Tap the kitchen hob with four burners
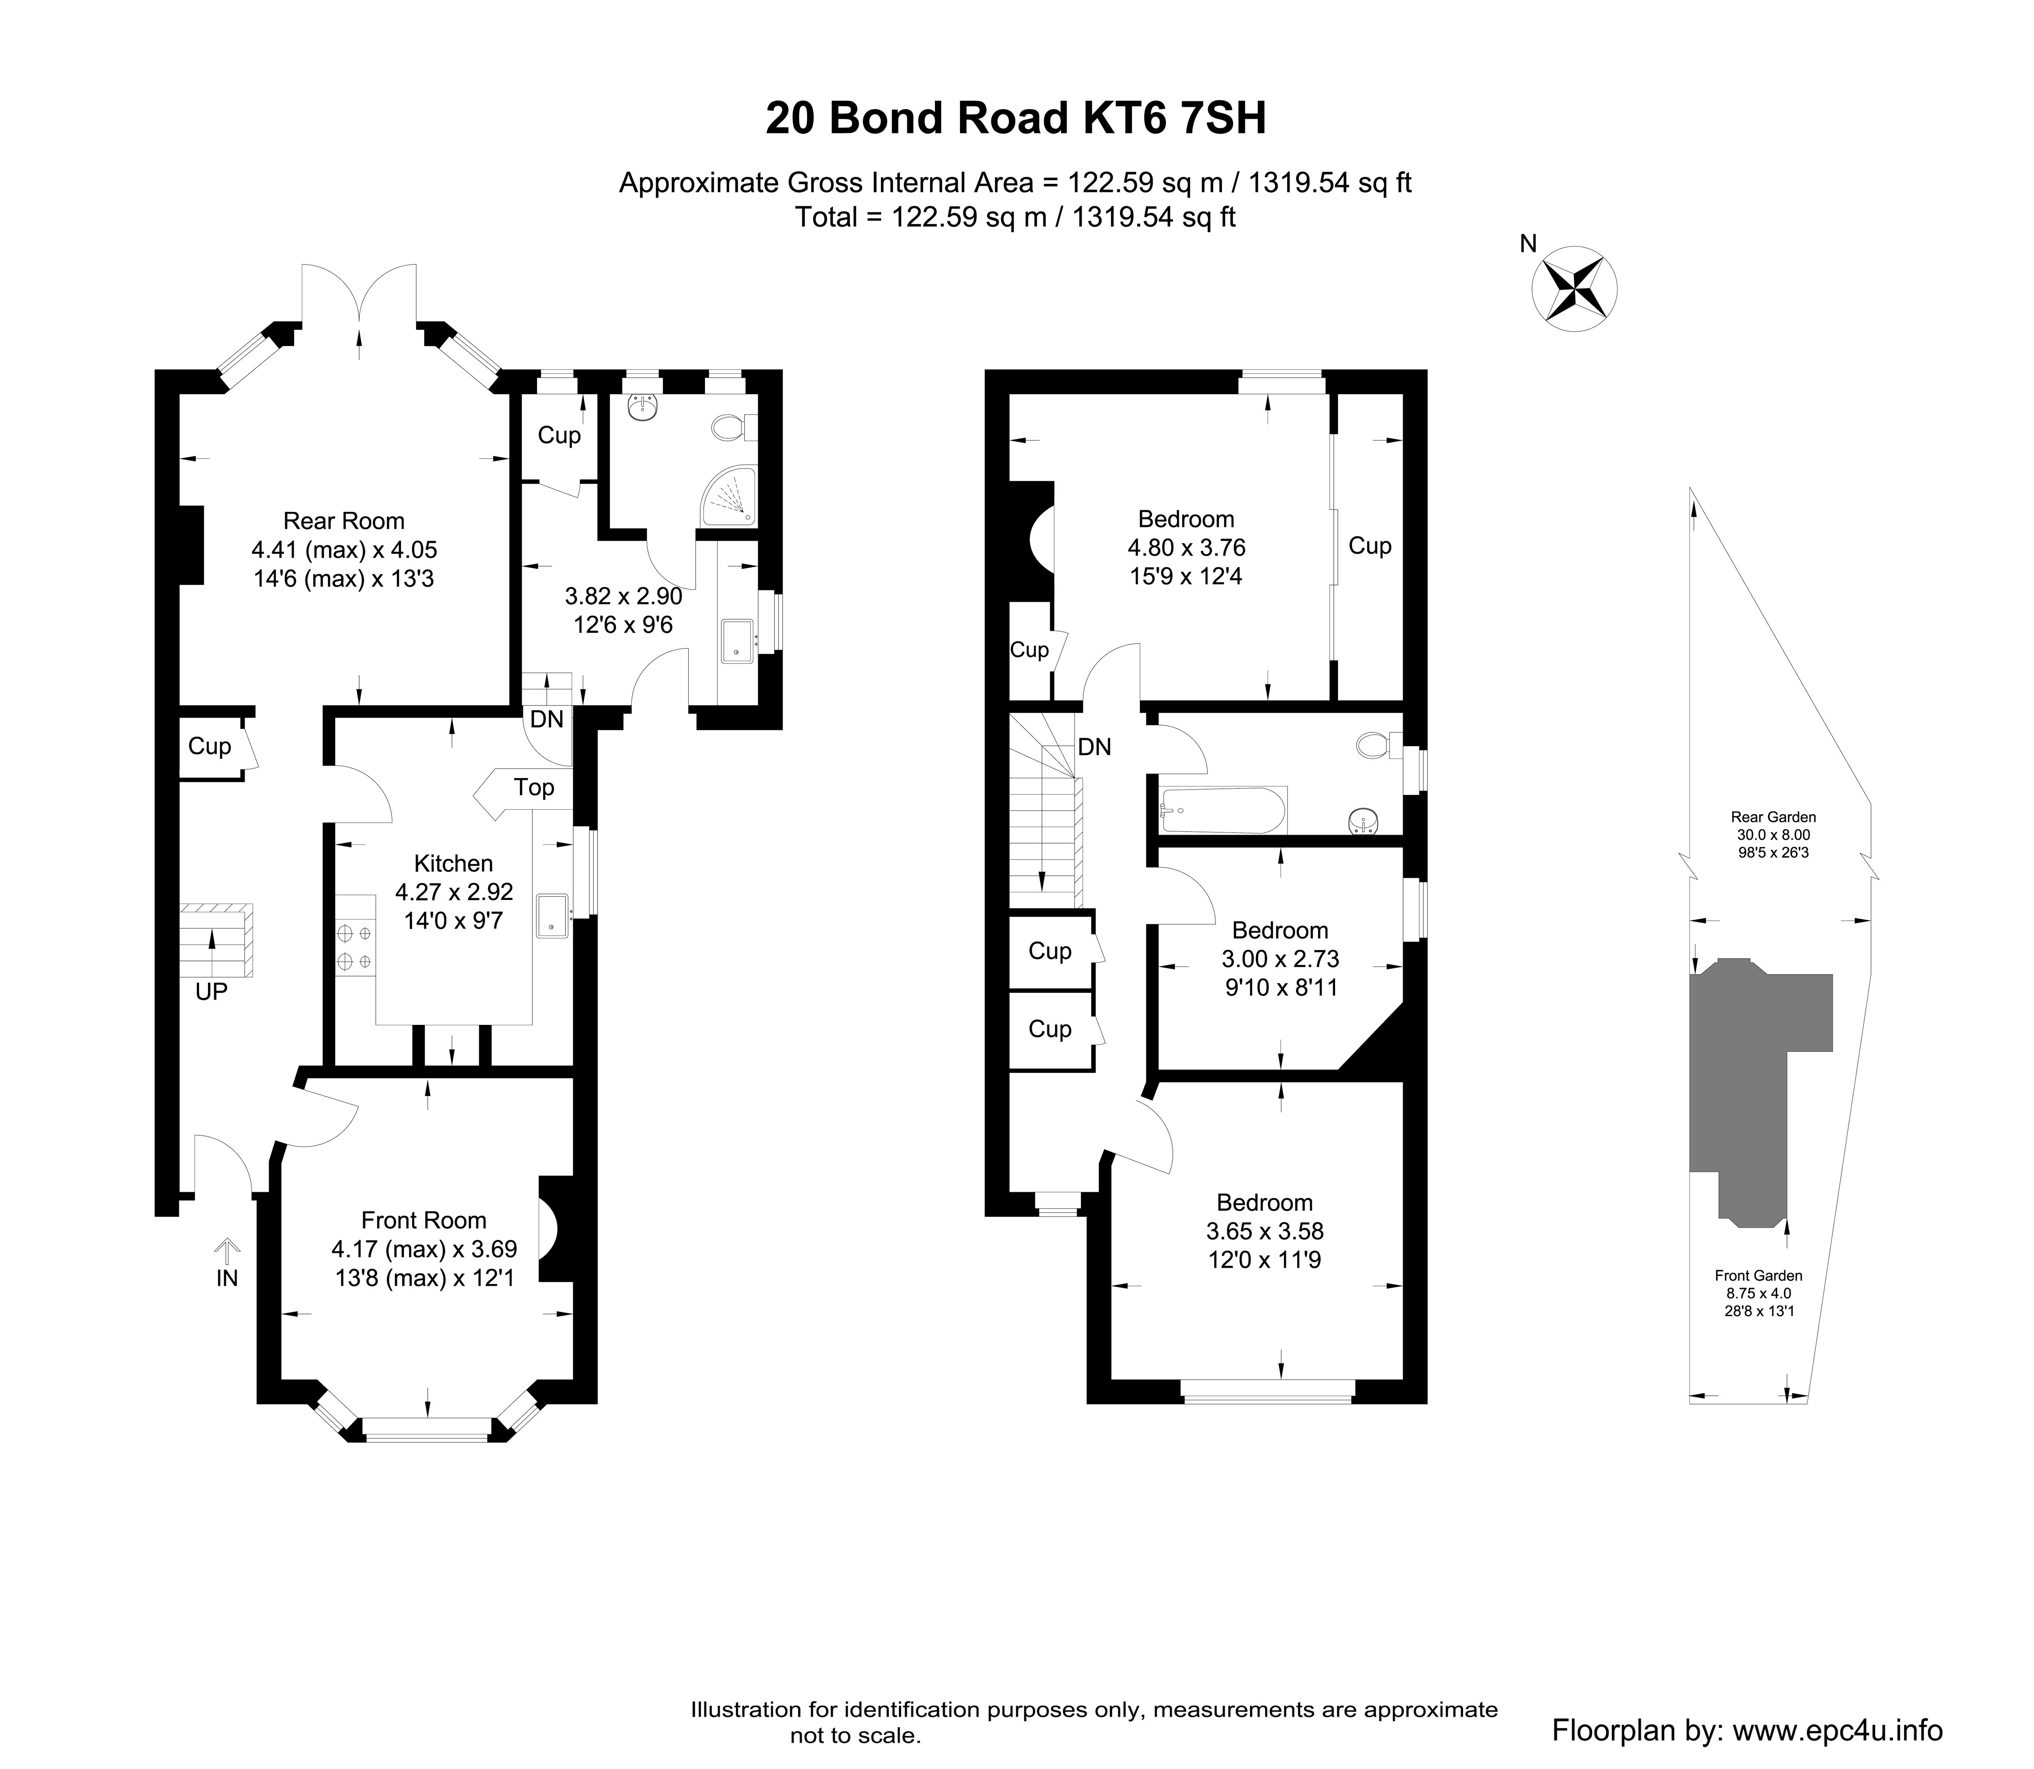[355, 946]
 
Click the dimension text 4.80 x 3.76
[1186, 547]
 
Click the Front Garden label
[1759, 1275]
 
